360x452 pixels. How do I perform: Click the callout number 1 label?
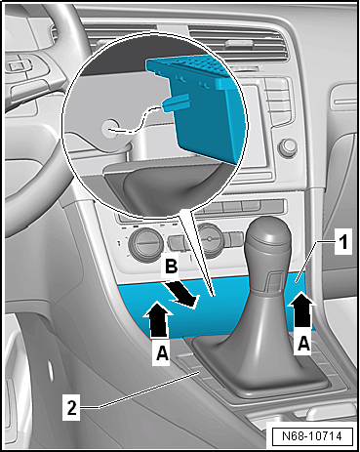coord(342,242)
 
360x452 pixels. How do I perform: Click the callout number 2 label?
coord(71,407)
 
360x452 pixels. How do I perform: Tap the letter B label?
coord(172,267)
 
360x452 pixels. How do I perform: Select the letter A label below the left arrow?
coord(162,352)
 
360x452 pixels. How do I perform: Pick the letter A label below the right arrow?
coord(303,343)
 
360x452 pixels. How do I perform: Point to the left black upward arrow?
coord(157,319)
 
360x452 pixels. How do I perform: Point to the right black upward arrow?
coord(302,308)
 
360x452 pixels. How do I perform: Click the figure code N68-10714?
coord(311,436)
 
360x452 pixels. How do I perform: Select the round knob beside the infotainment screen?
coord(288,147)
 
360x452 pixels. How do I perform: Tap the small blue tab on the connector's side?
coord(176,103)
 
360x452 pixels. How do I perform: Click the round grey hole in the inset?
coord(109,129)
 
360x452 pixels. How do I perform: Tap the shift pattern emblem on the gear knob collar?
coord(275,281)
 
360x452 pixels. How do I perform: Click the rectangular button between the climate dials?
coord(179,242)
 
